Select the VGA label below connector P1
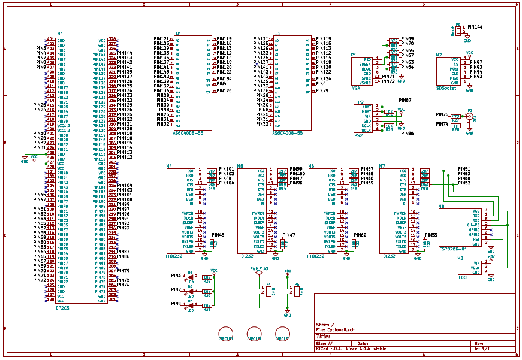tap(356, 87)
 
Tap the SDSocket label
tap(446, 87)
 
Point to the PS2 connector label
tap(358, 135)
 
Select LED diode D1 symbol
tap(191, 277)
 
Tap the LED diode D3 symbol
tap(191, 305)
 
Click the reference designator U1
tap(178, 34)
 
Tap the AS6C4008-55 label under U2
tap(287, 133)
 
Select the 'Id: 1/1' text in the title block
tap(481, 349)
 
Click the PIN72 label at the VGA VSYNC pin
tap(388, 81)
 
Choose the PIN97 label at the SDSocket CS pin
tap(476, 62)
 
